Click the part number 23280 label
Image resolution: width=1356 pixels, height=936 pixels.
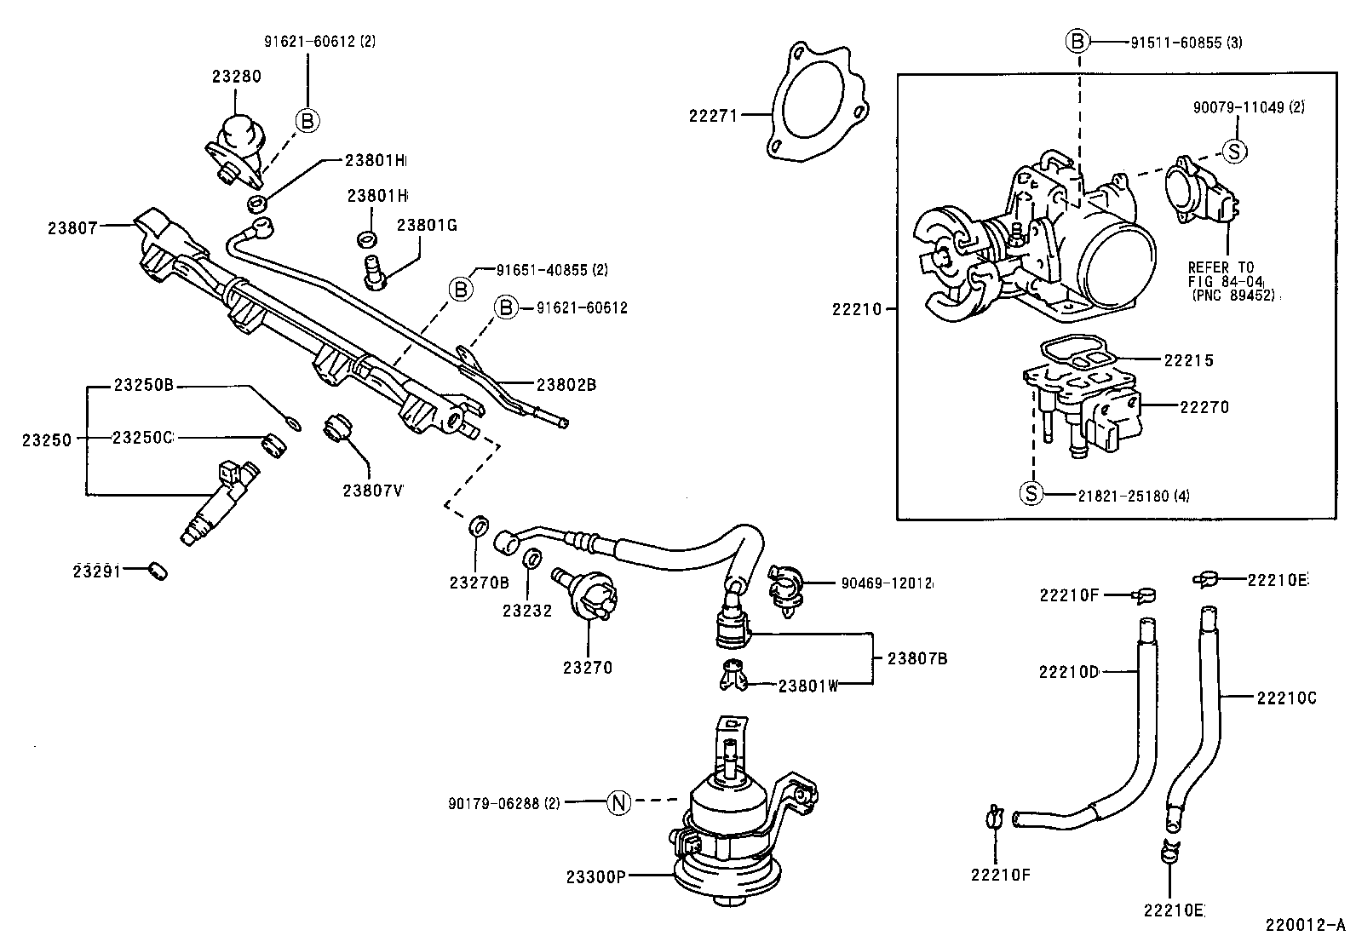[x=236, y=76]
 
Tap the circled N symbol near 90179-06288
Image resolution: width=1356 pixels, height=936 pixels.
[x=619, y=801]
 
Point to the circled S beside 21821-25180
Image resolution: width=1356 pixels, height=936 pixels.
[x=1031, y=494]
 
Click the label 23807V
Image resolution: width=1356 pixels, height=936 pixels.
[x=372, y=491]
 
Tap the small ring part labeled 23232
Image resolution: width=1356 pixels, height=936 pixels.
[x=531, y=560]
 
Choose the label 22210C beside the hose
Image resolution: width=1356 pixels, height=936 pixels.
[x=1286, y=698]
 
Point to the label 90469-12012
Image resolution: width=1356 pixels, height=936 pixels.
[x=887, y=583]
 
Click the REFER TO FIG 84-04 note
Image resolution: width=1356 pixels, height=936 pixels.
[x=1227, y=280]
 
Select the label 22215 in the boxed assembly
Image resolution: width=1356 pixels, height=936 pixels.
[x=1189, y=360]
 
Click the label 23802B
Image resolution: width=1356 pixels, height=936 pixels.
[x=566, y=385]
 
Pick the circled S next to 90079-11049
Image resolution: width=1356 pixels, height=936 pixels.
[x=1235, y=152]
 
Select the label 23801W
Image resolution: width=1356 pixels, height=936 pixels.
[x=808, y=685]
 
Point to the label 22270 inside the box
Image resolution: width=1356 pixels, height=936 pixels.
[x=1204, y=407]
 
